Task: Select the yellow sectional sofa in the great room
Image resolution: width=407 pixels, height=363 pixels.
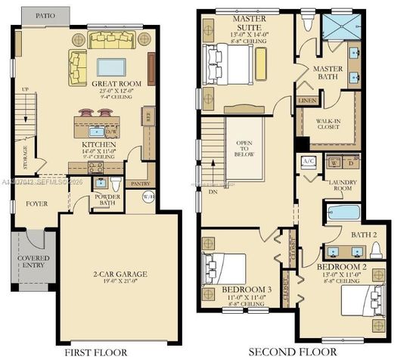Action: (79, 66)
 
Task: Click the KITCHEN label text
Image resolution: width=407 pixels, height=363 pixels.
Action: (99, 144)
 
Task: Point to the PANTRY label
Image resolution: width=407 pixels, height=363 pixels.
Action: (141, 184)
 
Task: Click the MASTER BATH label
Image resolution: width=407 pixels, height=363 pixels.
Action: (328, 73)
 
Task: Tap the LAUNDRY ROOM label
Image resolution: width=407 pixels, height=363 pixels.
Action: (342, 186)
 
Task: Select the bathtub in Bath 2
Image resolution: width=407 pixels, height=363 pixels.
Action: (343, 212)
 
